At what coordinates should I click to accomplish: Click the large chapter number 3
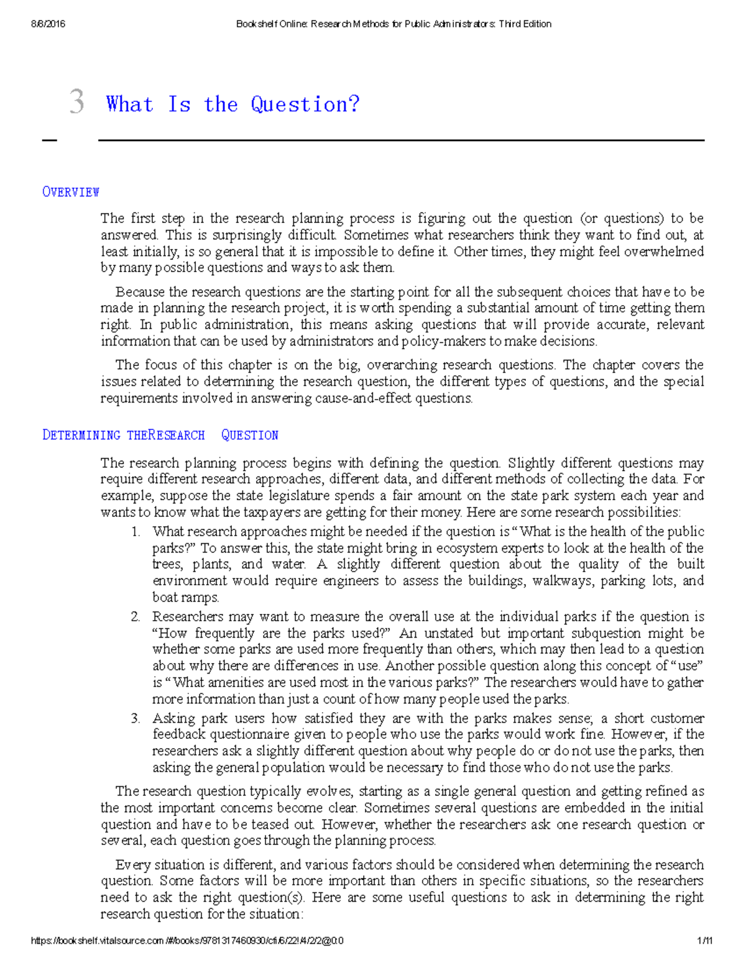(x=76, y=101)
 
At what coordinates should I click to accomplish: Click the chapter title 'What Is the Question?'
(x=233, y=104)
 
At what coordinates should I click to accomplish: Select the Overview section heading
(x=70, y=192)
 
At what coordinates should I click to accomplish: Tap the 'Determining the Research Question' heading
(x=160, y=435)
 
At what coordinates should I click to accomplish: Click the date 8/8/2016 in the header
(x=48, y=24)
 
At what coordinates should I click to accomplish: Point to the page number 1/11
(x=704, y=941)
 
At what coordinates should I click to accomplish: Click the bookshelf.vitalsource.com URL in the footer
(x=186, y=941)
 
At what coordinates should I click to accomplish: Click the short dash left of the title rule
(x=49, y=140)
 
